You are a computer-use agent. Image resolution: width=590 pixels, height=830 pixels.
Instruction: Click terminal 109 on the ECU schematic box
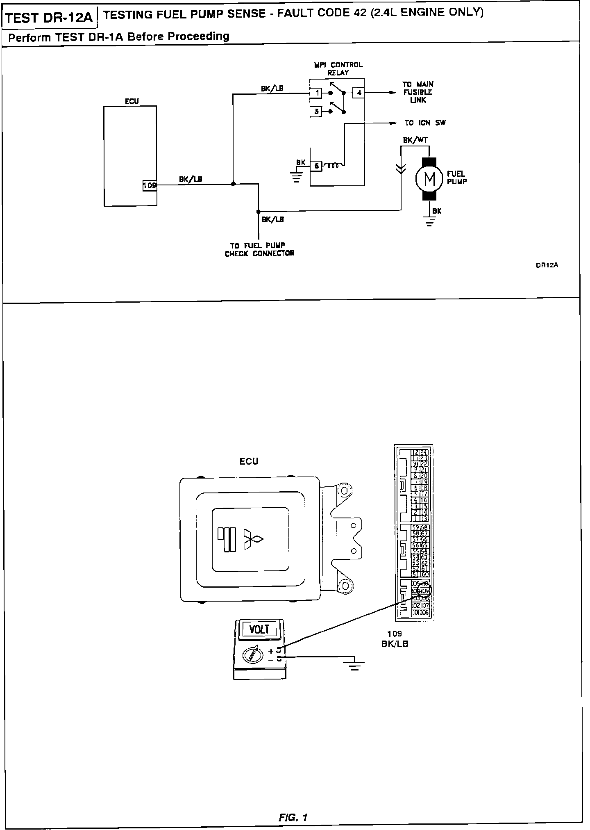click(x=150, y=185)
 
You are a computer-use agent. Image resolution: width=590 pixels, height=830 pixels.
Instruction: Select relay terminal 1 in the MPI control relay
click(x=316, y=93)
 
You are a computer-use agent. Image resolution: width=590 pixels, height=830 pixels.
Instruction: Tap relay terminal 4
click(x=359, y=93)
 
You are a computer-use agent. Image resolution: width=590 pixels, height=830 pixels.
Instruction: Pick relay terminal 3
click(x=316, y=111)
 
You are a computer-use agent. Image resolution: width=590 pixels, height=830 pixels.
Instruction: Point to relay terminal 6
click(x=316, y=166)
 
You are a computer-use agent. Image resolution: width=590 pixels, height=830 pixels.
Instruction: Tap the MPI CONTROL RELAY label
click(x=338, y=68)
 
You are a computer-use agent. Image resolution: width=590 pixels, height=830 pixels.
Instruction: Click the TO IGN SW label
click(x=425, y=123)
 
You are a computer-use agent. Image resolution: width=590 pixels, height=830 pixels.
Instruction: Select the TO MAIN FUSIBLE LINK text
click(x=418, y=92)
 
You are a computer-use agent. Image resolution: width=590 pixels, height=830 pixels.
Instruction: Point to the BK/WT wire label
click(x=415, y=140)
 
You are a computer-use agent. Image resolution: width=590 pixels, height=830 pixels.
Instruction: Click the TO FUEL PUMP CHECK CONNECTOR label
click(x=259, y=249)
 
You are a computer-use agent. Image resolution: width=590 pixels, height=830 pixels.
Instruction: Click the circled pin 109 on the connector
click(x=425, y=591)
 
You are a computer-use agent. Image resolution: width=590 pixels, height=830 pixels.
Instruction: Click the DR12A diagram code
click(x=547, y=265)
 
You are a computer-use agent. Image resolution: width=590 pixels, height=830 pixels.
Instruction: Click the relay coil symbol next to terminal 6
click(x=333, y=166)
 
